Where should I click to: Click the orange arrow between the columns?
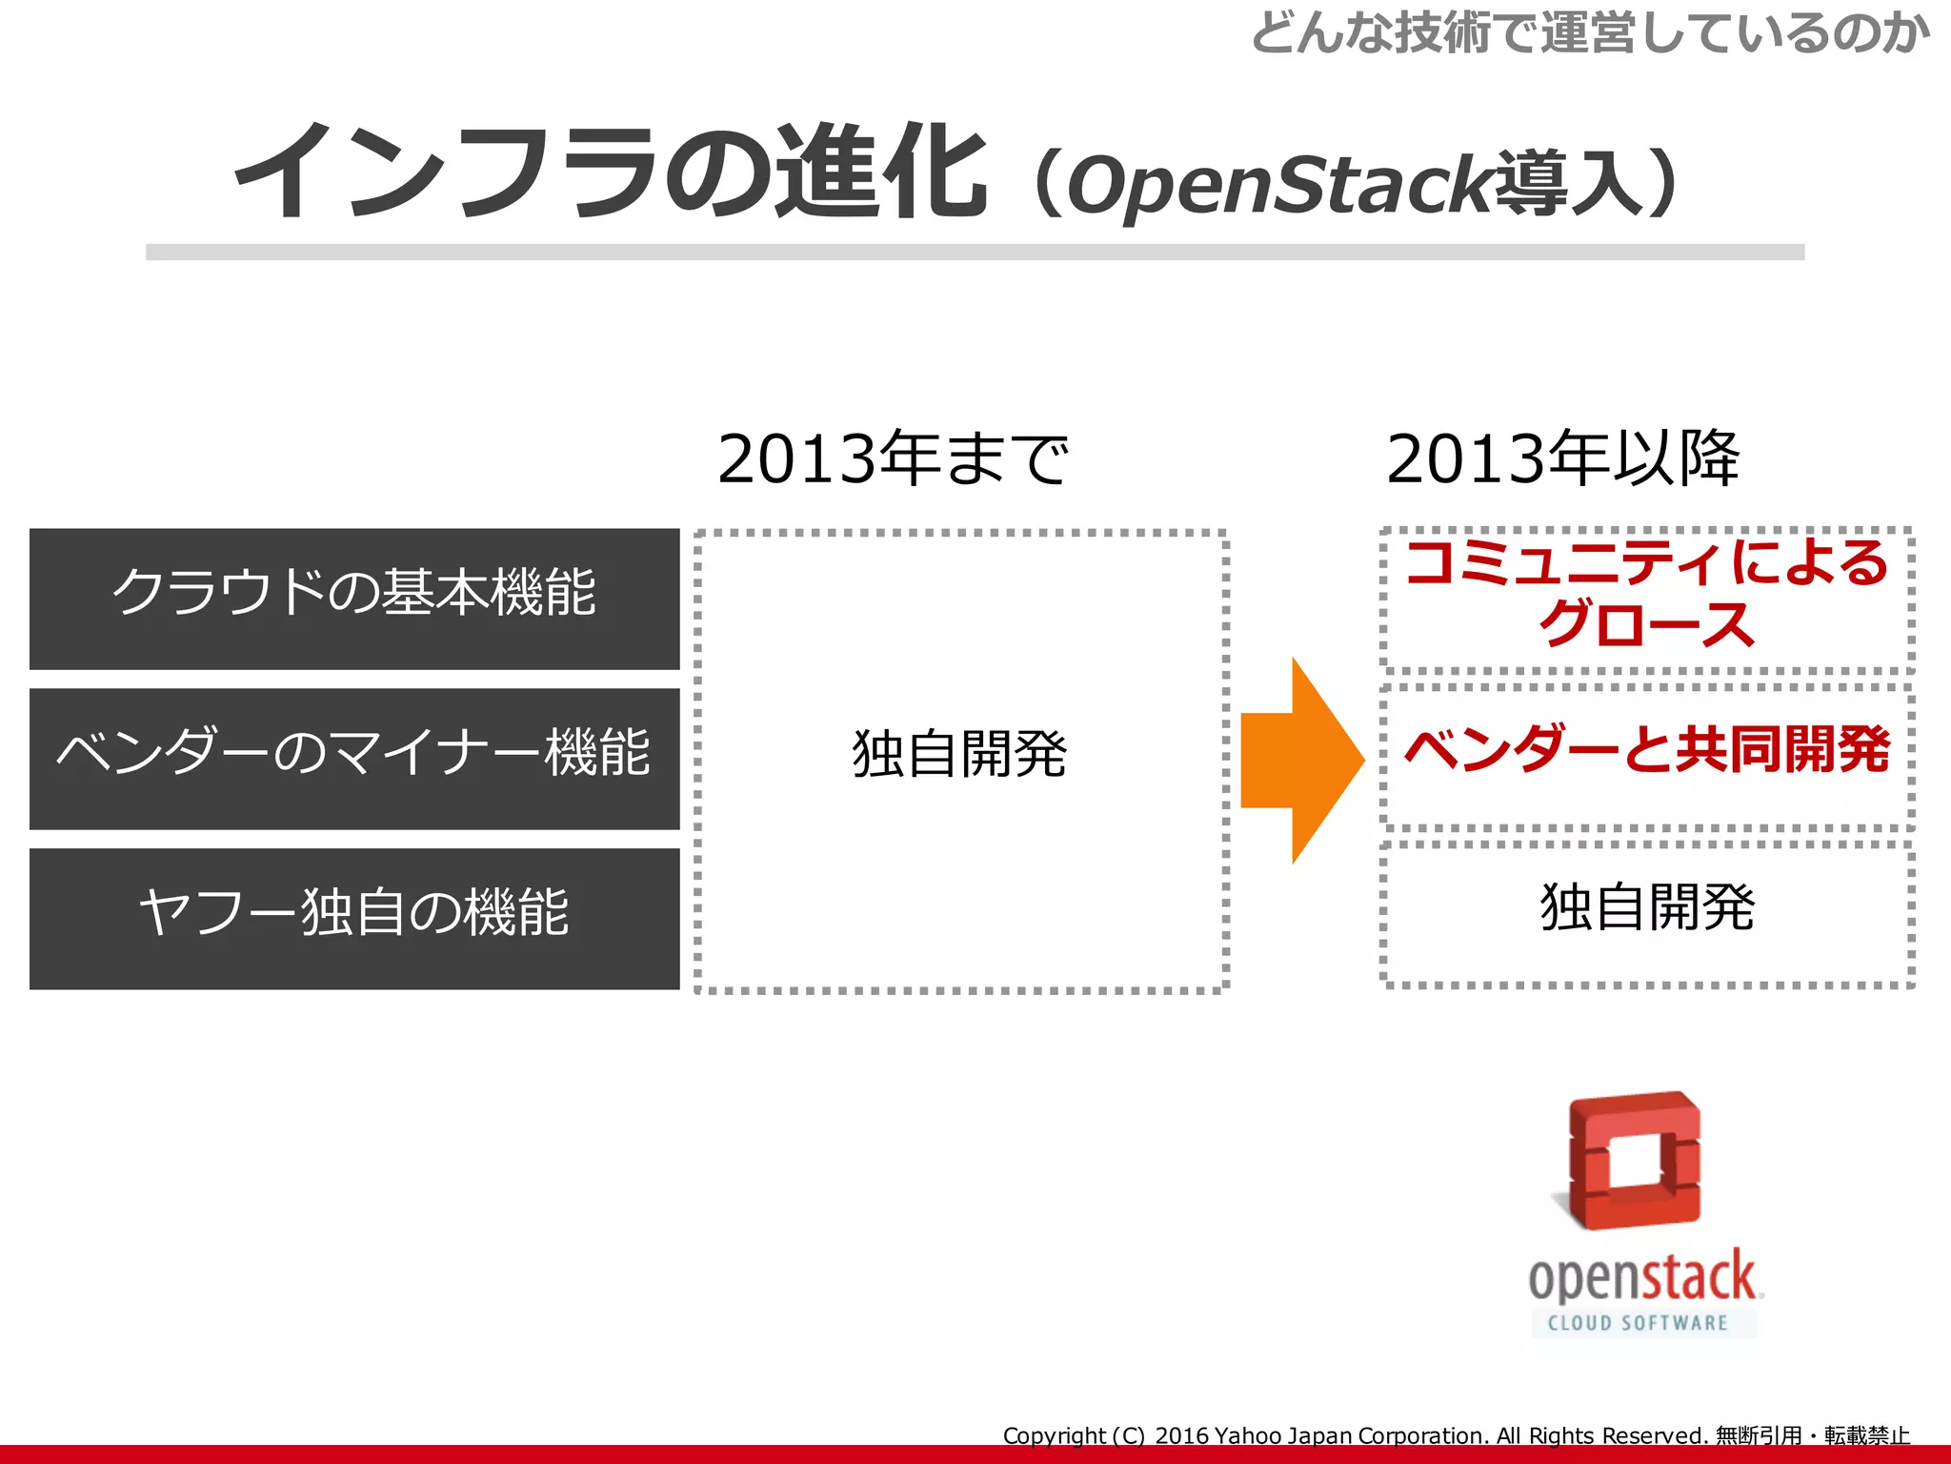click(1300, 760)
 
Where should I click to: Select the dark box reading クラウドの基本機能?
click(354, 599)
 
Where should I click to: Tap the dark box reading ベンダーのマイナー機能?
click(354, 759)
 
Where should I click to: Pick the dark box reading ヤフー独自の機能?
click(354, 919)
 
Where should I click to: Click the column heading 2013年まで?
click(893, 459)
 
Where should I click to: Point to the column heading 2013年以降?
click(1562, 459)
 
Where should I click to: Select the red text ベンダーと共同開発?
click(1647, 750)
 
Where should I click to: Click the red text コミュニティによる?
click(1647, 562)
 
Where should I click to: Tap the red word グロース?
click(1647, 625)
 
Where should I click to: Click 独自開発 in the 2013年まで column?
click(960, 754)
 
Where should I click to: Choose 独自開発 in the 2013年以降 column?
click(1647, 907)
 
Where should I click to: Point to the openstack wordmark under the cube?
click(1644, 1276)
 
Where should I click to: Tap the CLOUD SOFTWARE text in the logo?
click(1638, 1323)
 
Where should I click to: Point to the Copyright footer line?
click(1456, 1435)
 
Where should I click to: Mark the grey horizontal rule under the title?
click(975, 253)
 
